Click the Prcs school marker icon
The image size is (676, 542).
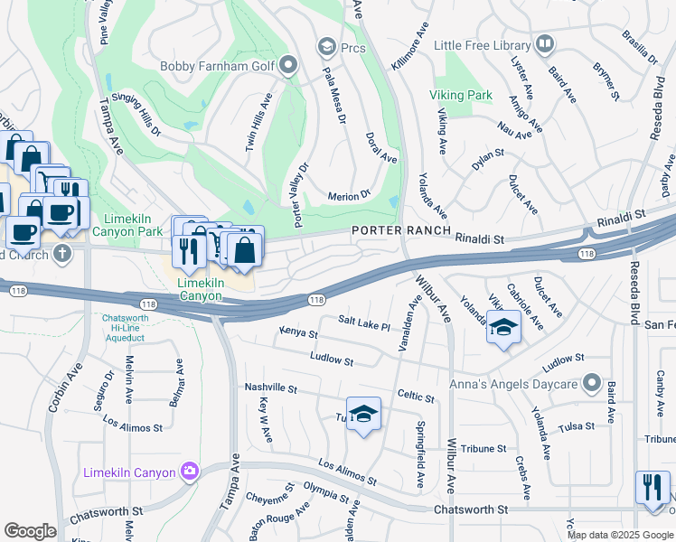[325, 46]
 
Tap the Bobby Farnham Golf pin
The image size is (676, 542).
[288, 64]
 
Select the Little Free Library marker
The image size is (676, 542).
[544, 43]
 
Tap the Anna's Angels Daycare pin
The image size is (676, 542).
[591, 384]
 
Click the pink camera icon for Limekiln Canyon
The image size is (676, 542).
[189, 471]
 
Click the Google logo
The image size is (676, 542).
[31, 531]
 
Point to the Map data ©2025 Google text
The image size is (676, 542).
[620, 535]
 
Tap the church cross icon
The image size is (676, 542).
[61, 252]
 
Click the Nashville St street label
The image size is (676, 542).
[271, 388]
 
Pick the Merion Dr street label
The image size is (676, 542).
[349, 194]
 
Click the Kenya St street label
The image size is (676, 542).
[298, 334]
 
